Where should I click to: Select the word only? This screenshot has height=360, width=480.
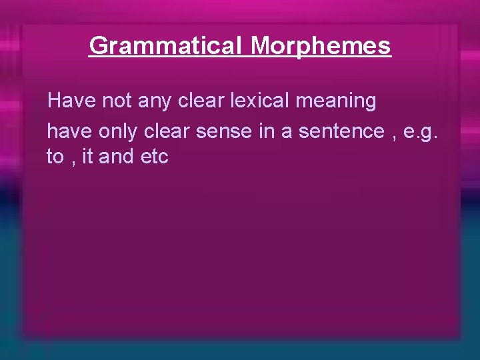118,131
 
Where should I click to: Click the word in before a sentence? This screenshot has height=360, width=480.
266,131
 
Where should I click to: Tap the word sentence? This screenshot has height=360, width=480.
341,131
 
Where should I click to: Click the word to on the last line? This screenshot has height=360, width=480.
55,157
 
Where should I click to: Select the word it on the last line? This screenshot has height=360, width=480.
86,157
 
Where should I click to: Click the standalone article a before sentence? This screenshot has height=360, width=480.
287,131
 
